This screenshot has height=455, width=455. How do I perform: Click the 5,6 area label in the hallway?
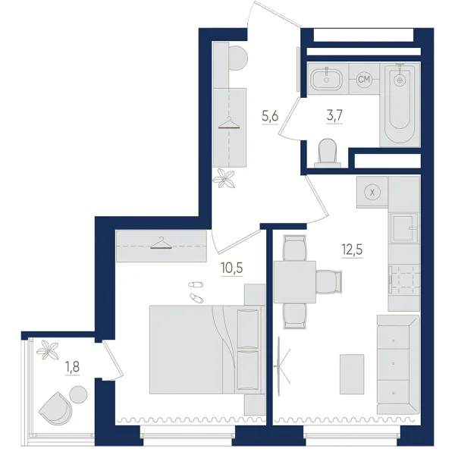tap(270, 117)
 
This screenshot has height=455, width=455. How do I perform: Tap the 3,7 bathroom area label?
tap(335, 116)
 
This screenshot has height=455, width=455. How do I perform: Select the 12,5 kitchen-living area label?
tap(353, 249)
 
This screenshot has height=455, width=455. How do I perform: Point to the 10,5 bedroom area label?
tap(231, 268)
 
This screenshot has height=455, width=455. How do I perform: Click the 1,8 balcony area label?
tap(72, 367)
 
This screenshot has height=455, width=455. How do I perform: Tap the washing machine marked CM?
tap(364, 79)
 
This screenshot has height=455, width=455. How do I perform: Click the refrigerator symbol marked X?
tap(372, 192)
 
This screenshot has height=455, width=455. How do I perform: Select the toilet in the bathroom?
tap(328, 153)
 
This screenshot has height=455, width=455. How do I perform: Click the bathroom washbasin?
tap(327, 79)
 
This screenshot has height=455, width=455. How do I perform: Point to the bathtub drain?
tap(400, 80)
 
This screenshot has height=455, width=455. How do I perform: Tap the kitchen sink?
tap(405, 227)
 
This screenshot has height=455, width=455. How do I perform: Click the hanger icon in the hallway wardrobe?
tap(229, 123)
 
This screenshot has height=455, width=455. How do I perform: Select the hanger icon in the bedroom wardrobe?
tap(161, 243)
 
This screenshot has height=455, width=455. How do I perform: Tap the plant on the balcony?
tap(47, 350)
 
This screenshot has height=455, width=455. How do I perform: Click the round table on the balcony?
tap(79, 394)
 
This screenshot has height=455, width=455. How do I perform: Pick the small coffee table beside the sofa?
tap(352, 374)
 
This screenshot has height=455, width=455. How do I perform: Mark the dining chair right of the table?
tap(329, 282)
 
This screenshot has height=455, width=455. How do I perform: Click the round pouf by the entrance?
tap(238, 58)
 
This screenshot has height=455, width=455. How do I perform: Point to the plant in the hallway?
tap(224, 178)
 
